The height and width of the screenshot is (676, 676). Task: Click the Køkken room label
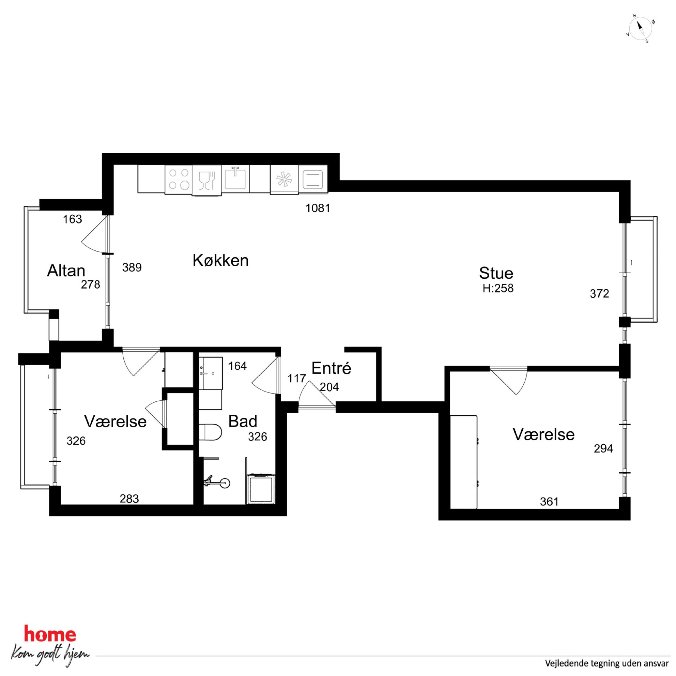pyautogui.click(x=220, y=260)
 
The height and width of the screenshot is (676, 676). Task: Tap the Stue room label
pyautogui.click(x=496, y=273)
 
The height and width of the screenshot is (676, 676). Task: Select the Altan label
pyautogui.click(x=66, y=271)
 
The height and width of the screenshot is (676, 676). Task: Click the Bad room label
pyautogui.click(x=243, y=421)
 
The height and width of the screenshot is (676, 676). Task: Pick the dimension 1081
pyautogui.click(x=317, y=208)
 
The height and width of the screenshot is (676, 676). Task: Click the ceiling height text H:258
pyautogui.click(x=498, y=288)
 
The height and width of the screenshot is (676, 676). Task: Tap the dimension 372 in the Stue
pyautogui.click(x=599, y=294)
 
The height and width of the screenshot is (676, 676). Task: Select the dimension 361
pyautogui.click(x=549, y=502)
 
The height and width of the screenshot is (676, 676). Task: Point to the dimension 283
pyautogui.click(x=129, y=498)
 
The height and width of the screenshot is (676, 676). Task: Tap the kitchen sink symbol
pyautogui.click(x=235, y=178)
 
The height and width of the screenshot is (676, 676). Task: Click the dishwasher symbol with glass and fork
pyautogui.click(x=206, y=180)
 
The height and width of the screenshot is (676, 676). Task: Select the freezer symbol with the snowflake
pyautogui.click(x=284, y=179)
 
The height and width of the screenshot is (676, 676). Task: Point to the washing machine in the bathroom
pyautogui.click(x=261, y=489)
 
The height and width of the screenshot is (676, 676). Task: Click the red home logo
pyautogui.click(x=50, y=634)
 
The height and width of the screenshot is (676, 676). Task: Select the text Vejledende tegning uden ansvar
pyautogui.click(x=607, y=663)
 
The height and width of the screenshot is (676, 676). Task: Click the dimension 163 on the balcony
pyautogui.click(x=73, y=219)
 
